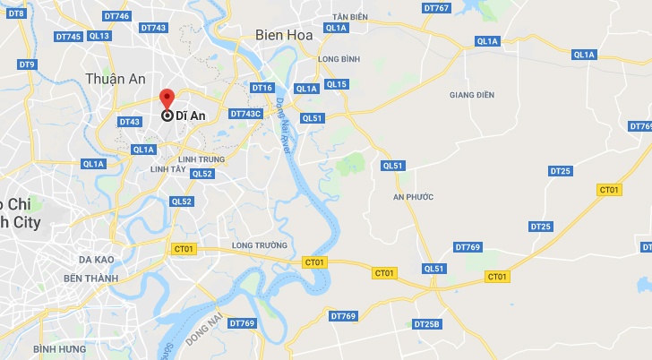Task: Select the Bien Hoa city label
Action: [283, 35]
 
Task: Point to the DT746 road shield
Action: [117, 16]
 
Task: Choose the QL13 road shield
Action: [99, 36]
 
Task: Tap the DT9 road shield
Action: [26, 64]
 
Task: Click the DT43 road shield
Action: [129, 122]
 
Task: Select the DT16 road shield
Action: [262, 88]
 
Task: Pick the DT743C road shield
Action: [245, 114]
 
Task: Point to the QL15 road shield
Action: [337, 84]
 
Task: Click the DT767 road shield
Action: [435, 8]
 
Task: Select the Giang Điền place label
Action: [471, 94]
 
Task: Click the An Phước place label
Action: [413, 196]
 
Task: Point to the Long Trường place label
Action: [259, 244]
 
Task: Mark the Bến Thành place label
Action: [90, 279]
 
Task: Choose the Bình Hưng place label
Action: [59, 348]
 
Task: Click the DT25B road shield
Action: [428, 323]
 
